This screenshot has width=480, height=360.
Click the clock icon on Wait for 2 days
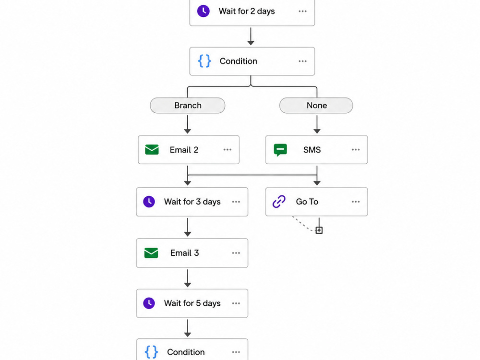[203, 11]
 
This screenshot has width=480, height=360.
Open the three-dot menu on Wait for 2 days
[302, 12]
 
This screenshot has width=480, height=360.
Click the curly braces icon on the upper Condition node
[204, 61]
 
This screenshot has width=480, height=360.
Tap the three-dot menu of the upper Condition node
[302, 61]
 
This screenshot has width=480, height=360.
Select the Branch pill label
[188, 105]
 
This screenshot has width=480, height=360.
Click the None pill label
[316, 105]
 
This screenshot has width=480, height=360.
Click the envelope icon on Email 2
[152, 150]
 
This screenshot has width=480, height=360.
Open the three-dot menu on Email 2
[228, 150]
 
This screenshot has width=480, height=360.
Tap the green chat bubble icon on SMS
[280, 150]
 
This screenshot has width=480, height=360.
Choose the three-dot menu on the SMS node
[356, 150]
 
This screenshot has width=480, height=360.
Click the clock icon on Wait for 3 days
[149, 202]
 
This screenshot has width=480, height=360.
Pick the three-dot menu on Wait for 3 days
[236, 202]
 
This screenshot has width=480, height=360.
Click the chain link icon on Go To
[279, 202]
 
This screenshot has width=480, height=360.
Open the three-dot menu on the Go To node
[356, 202]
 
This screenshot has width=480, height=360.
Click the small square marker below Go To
[319, 230]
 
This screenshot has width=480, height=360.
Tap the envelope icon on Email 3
[151, 253]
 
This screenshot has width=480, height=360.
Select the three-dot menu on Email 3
[236, 253]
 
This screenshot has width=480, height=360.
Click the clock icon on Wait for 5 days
[149, 303]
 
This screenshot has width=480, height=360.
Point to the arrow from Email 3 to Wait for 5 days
[188, 278]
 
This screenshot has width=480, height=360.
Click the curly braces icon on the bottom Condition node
[152, 352]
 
